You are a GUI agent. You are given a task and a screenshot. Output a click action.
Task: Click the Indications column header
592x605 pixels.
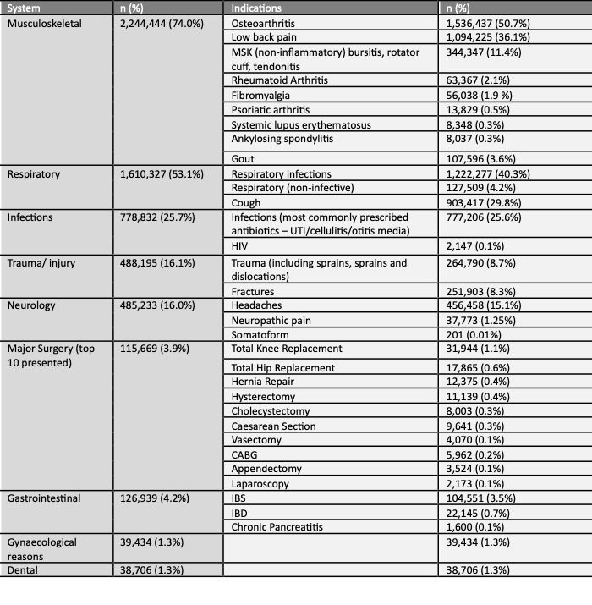pyautogui.click(x=258, y=8)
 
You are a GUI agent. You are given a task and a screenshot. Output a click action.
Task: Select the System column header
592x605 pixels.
pyautogui.click(x=27, y=8)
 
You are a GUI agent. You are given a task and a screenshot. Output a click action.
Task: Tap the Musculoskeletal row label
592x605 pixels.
pyautogui.click(x=45, y=24)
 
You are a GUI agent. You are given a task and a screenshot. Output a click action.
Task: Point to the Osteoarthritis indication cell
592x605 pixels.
pyautogui.click(x=264, y=24)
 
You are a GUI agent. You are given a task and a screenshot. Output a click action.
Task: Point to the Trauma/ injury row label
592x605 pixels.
pyautogui.click(x=41, y=263)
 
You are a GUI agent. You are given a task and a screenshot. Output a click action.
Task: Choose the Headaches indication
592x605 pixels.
pyautogui.click(x=258, y=305)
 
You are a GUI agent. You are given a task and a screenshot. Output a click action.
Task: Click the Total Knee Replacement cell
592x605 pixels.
pyautogui.click(x=287, y=348)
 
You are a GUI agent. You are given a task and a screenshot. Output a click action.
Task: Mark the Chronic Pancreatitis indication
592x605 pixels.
pyautogui.click(x=276, y=527)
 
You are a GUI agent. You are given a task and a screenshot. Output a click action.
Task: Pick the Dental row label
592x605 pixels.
pyautogui.click(x=24, y=571)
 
